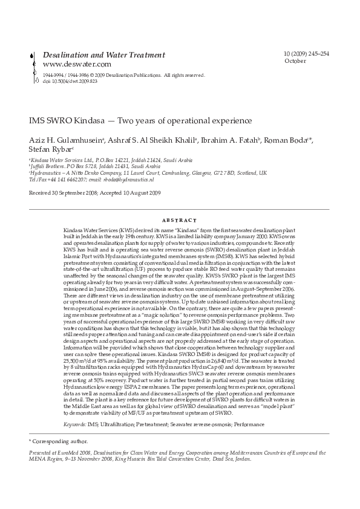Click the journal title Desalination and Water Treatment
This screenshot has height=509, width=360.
point(103,55)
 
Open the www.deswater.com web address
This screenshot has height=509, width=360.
point(77,64)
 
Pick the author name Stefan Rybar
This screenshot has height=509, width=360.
point(50,150)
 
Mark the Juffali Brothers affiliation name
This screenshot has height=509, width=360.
point(50,166)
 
